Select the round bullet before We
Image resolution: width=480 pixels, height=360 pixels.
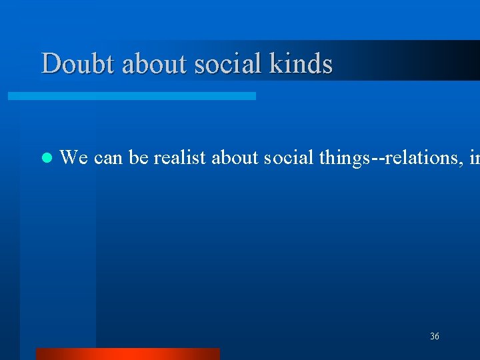click(x=46, y=159)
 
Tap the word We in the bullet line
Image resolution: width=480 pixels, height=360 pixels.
click(x=74, y=158)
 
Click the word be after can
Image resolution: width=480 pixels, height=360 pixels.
click(x=137, y=158)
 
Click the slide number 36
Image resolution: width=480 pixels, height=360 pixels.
click(x=435, y=337)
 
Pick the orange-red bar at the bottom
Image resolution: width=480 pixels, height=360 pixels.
click(x=127, y=353)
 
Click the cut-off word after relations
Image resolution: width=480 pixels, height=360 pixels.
click(x=474, y=158)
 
